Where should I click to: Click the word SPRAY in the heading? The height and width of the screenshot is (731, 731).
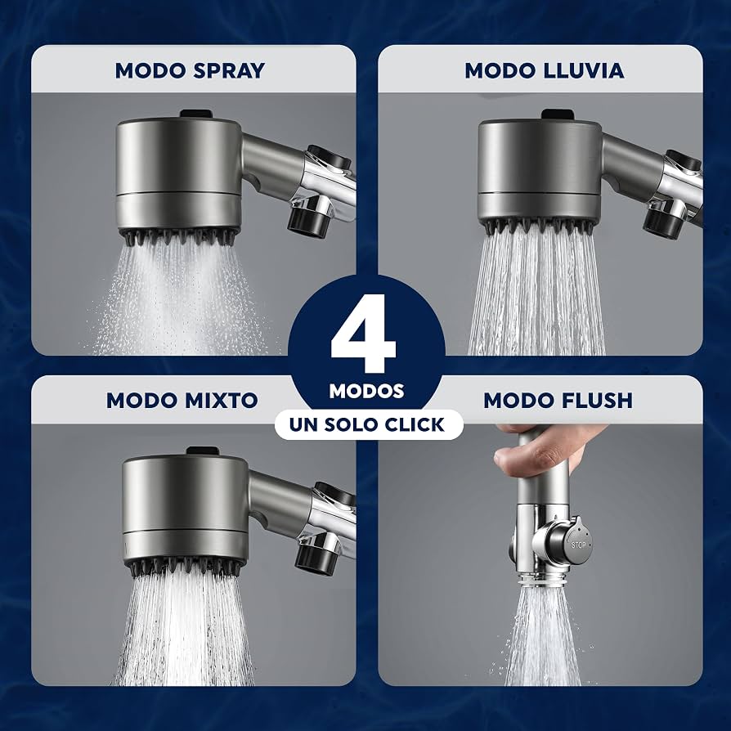[229, 71]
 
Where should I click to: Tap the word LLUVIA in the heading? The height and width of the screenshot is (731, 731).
[584, 71]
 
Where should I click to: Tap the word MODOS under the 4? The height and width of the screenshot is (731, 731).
[366, 391]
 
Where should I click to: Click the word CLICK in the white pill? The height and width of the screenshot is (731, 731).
[415, 424]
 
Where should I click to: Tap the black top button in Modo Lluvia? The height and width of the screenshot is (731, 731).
[557, 114]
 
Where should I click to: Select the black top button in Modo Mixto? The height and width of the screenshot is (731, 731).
[202, 451]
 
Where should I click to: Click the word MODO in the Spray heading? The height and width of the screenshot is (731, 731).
[151, 71]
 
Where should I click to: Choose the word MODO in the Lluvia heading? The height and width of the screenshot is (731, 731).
[501, 71]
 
